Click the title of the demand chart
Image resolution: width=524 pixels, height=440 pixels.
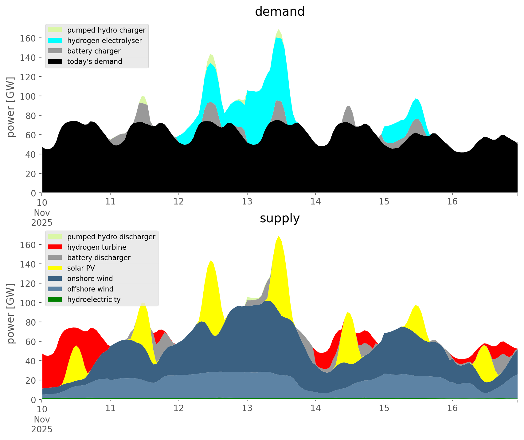coord(280,12)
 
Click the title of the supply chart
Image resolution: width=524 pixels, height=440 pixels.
coord(280,218)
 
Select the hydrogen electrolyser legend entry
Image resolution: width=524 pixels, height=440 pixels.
coord(104,41)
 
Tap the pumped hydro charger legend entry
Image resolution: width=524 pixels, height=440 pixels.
coord(106,30)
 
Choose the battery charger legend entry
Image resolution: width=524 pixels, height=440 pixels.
coord(94,51)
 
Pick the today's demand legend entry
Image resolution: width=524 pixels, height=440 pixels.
coord(95,61)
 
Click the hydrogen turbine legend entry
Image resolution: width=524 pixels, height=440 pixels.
coord(97,247)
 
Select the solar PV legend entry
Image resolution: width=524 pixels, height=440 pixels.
coord(81,268)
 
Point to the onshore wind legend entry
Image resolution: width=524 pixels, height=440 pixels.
coord(90,279)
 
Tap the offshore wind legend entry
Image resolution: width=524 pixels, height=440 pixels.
coord(90,289)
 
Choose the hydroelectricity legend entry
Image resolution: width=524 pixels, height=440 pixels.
coord(94,299)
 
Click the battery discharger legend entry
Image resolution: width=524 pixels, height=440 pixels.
coord(99,258)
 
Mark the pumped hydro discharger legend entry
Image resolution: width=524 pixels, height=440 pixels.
coord(111,237)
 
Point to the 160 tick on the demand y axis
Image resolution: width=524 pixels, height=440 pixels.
coord(28,38)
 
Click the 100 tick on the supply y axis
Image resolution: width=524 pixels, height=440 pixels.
coord(28,303)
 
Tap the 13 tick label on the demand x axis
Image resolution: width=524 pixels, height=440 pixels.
coord(247,202)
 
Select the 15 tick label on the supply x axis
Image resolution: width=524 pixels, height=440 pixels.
coord(384,408)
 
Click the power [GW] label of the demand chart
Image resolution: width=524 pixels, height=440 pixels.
coord(11,107)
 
